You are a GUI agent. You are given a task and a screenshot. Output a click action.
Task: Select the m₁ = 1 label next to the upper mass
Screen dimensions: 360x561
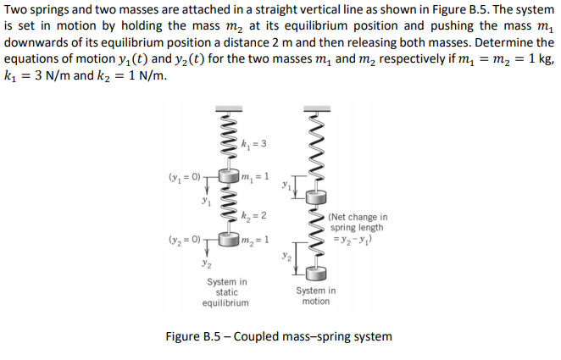coord(254,175)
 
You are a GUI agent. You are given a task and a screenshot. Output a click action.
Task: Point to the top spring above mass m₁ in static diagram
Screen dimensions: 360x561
coord(226,136)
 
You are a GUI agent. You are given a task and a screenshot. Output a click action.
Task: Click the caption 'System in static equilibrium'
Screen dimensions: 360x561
coord(226,292)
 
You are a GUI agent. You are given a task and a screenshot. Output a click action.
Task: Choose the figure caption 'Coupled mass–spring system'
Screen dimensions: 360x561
coord(313,337)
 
